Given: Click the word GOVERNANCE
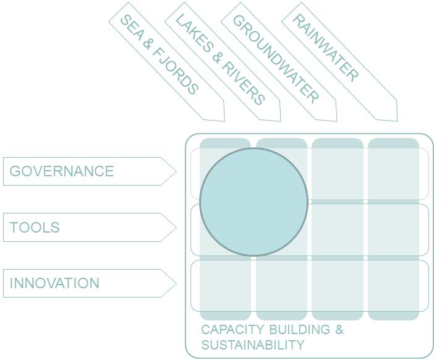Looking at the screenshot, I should click(x=62, y=171).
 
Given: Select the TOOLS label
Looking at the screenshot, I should click(x=35, y=228).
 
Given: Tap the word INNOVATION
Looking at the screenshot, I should click(x=54, y=283).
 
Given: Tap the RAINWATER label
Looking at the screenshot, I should click(x=325, y=48).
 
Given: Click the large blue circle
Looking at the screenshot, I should click(x=253, y=201).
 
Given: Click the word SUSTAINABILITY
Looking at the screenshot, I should click(x=252, y=345).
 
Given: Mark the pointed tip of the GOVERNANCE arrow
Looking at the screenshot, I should click(x=176, y=171).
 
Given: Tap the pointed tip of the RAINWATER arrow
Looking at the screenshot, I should click(x=396, y=121).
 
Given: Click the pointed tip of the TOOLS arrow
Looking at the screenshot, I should click(x=176, y=228).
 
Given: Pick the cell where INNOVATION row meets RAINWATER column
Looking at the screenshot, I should click(x=393, y=286).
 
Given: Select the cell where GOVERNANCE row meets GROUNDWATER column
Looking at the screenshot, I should click(x=338, y=174).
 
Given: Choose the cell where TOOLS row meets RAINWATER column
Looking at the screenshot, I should click(x=393, y=229).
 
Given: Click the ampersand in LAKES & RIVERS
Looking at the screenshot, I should click(x=218, y=57).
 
